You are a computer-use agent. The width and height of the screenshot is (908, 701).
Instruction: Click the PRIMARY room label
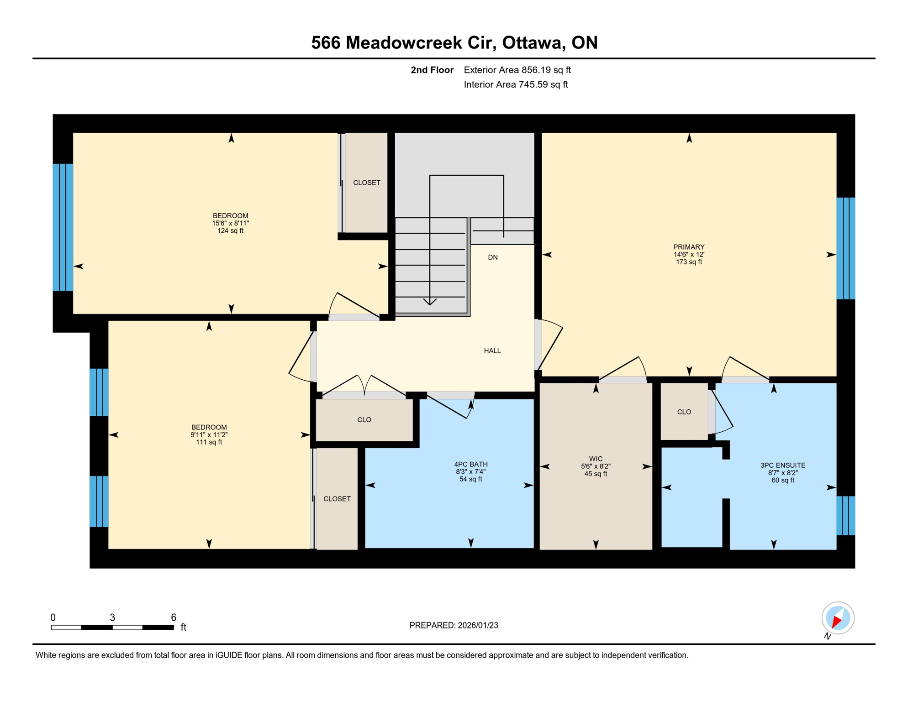[x=688, y=247]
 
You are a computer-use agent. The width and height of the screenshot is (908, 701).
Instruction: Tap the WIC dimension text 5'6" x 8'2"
[x=596, y=466]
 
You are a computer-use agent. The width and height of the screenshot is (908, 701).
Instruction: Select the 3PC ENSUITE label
[x=782, y=465]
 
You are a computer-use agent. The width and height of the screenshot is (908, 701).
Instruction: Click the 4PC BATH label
[x=470, y=464]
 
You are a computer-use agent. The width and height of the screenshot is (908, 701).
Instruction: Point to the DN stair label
[x=492, y=257]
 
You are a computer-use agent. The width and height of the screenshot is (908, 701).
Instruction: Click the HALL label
[x=492, y=350]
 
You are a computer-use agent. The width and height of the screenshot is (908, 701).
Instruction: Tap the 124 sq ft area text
[x=230, y=231]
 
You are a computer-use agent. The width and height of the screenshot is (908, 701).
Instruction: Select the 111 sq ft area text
[x=209, y=442]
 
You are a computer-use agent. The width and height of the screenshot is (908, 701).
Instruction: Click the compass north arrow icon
[x=838, y=618]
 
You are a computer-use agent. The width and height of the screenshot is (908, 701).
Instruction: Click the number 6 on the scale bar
[x=174, y=617]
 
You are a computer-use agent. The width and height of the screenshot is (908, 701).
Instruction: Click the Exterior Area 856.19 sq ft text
[x=517, y=70]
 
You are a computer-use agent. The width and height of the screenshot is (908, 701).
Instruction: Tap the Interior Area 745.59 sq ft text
[x=516, y=84]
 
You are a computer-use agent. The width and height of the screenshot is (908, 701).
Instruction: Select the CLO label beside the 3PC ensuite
[x=684, y=412]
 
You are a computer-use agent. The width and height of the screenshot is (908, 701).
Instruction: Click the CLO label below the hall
[x=364, y=419]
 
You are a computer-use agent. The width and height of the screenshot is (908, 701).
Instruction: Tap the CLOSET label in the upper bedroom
[x=366, y=183]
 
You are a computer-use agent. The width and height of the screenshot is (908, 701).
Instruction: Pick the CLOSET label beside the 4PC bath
[x=337, y=499]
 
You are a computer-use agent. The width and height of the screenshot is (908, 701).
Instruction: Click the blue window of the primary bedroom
[x=845, y=248]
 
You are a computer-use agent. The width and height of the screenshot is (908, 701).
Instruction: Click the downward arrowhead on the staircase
[x=430, y=302]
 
